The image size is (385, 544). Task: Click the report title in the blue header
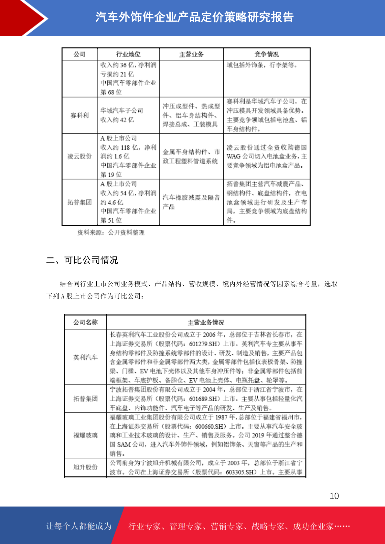pyautogui.click(x=194, y=17)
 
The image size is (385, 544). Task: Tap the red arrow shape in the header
pyautogui.click(x=23, y=18)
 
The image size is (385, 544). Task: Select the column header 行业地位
pyautogui.click(x=128, y=54)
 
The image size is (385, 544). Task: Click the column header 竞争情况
pyautogui.click(x=267, y=54)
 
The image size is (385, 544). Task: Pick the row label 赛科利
pyautogui.click(x=80, y=115)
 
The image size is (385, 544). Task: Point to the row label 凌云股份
pyautogui.click(x=80, y=156)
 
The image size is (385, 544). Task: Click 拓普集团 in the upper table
pyautogui.click(x=80, y=202)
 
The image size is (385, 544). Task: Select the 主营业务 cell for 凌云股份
pyautogui.click(x=191, y=156)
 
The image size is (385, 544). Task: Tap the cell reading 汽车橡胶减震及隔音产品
pyautogui.click(x=191, y=202)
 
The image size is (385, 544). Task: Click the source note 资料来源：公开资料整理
pyautogui.click(x=111, y=233)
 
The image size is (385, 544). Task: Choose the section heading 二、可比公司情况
pyautogui.click(x=82, y=260)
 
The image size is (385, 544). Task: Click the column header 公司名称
pyautogui.click(x=85, y=322)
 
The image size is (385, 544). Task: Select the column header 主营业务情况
pyautogui.click(x=206, y=322)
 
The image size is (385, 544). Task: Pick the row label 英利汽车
pyautogui.click(x=85, y=357)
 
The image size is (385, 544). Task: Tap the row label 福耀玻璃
pyautogui.click(x=85, y=435)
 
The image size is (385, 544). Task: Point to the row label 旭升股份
pyautogui.click(x=85, y=467)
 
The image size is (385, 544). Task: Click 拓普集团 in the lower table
pyautogui.click(x=85, y=399)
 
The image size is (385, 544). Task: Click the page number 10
pyautogui.click(x=334, y=496)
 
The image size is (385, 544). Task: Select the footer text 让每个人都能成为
pyautogui.click(x=79, y=526)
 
